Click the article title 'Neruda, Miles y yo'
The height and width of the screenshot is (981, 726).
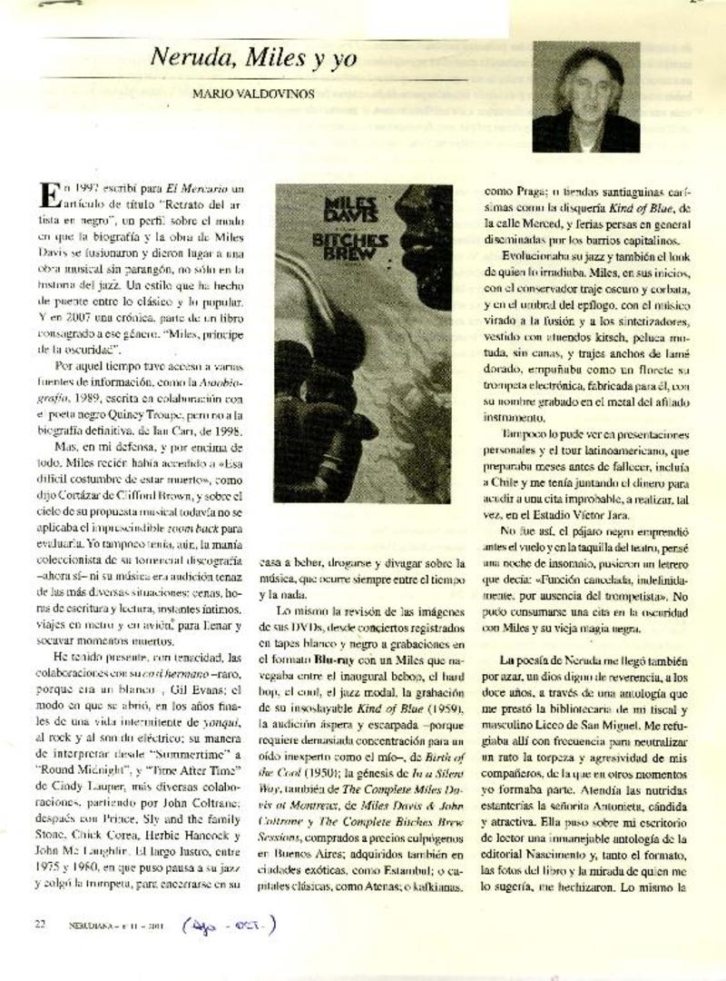click(x=253, y=61)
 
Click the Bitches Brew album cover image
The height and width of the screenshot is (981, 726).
click(x=363, y=343)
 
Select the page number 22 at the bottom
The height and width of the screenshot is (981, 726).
click(x=40, y=925)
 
